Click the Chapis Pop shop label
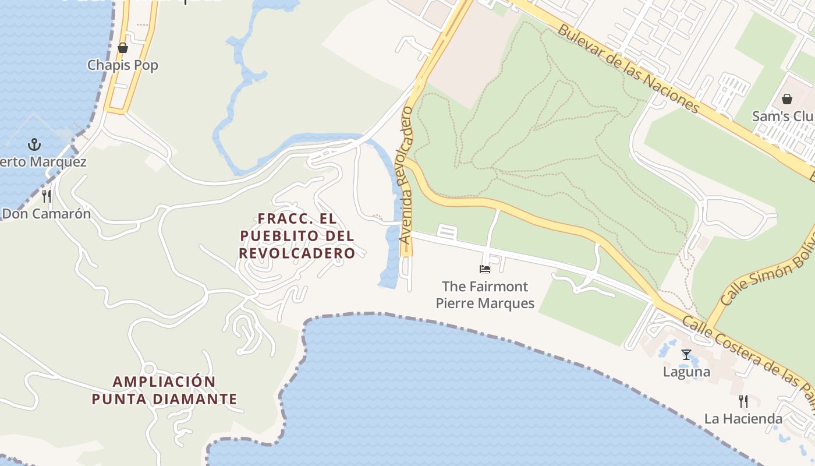tap(123, 65)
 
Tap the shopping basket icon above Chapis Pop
tap(123, 48)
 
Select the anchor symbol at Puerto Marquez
tap(34, 144)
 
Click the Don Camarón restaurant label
tap(47, 214)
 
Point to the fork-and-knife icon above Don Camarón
tap(47, 196)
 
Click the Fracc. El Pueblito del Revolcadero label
tap(297, 236)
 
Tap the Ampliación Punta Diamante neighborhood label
tap(165, 390)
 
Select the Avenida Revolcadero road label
tap(406, 175)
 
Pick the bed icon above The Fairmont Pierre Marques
tap(485, 269)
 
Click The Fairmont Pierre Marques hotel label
tap(485, 295)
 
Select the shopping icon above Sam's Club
tap(787, 98)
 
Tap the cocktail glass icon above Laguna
tap(686, 354)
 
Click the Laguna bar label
tap(686, 372)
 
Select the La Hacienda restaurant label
tap(743, 419)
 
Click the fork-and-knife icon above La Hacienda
tap(743, 401)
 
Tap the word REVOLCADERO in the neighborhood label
tap(297, 253)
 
